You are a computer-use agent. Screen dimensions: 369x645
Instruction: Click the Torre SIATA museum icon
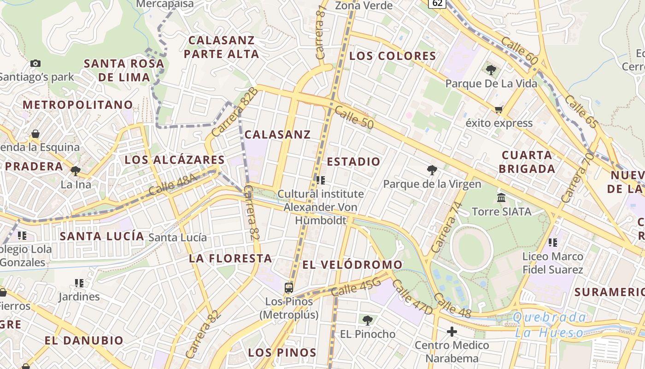(501, 198)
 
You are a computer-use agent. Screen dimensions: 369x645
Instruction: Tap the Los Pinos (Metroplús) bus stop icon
(289, 288)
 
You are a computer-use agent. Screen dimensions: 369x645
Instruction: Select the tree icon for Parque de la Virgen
(432, 170)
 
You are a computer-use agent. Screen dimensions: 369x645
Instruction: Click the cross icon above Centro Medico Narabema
(452, 331)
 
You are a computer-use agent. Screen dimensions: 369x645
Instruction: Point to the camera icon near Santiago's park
(35, 63)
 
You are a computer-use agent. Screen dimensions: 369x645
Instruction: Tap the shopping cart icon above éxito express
(498, 109)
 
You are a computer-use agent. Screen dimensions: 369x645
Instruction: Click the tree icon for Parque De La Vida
(491, 70)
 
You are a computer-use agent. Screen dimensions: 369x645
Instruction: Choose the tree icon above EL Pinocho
(367, 320)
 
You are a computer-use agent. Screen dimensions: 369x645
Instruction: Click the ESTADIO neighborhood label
(354, 161)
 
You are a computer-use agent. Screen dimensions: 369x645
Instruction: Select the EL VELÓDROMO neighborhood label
(352, 265)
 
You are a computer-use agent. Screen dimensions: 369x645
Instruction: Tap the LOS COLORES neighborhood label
(393, 56)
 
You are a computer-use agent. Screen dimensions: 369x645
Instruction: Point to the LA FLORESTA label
(230, 258)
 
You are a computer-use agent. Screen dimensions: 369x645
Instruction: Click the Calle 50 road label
(354, 117)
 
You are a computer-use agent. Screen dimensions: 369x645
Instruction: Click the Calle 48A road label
(173, 185)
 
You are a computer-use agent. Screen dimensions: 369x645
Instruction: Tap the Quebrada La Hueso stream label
(549, 325)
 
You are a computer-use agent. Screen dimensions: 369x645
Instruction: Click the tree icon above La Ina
(76, 171)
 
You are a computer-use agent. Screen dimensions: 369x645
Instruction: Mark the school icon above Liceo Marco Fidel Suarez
(553, 242)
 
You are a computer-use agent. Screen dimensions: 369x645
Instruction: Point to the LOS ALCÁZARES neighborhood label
(175, 160)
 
